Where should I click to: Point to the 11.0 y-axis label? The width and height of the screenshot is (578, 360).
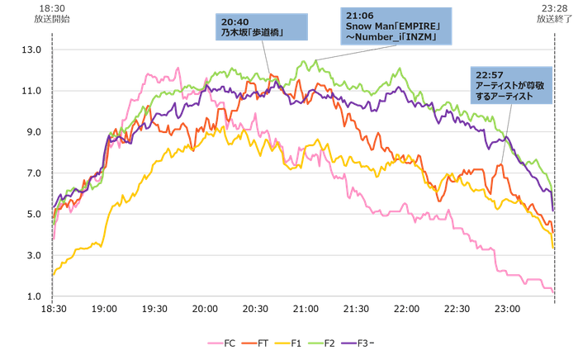(33, 90)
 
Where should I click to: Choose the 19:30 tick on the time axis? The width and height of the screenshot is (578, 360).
(155, 309)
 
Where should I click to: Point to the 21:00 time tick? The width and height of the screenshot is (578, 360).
(306, 309)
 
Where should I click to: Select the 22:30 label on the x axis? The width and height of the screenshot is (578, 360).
(457, 309)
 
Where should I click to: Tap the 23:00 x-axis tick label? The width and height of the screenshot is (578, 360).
(507, 309)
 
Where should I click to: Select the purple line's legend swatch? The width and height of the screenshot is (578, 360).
(353, 340)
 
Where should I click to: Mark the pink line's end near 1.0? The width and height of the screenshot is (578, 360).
(552, 291)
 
